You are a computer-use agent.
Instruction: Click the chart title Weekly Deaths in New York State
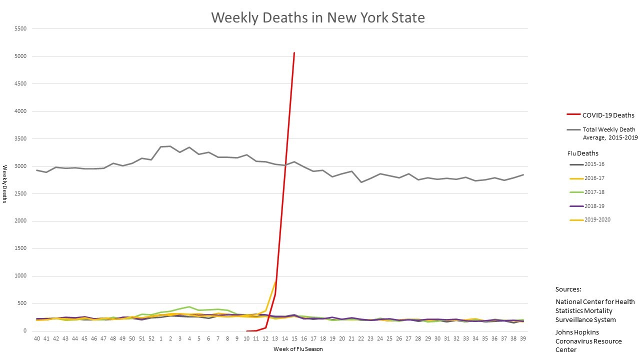click(x=318, y=17)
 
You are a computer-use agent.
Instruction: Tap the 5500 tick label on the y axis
click(x=20, y=29)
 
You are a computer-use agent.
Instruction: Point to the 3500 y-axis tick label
click(x=20, y=139)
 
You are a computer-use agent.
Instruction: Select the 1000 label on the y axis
click(x=20, y=276)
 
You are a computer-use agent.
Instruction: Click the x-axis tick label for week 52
click(x=151, y=338)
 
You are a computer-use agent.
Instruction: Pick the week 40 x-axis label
click(x=37, y=338)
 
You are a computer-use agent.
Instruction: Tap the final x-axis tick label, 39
click(x=522, y=338)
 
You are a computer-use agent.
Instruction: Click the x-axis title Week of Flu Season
click(x=298, y=349)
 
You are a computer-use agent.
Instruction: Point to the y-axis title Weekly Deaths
click(x=5, y=184)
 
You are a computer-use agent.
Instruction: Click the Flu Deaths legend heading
click(x=582, y=153)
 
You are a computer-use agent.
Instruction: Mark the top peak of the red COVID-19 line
click(x=294, y=52)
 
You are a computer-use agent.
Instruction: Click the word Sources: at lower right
click(x=568, y=289)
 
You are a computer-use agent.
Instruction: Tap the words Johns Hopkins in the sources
click(x=577, y=332)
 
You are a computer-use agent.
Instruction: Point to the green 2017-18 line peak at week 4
click(x=189, y=306)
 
